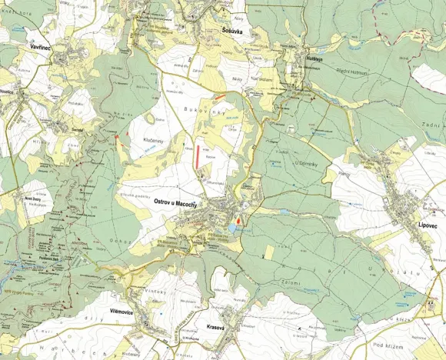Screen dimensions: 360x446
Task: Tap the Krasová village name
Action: [x=221, y=327]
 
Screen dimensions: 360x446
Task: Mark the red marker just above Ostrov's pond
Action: [x=240, y=219]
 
